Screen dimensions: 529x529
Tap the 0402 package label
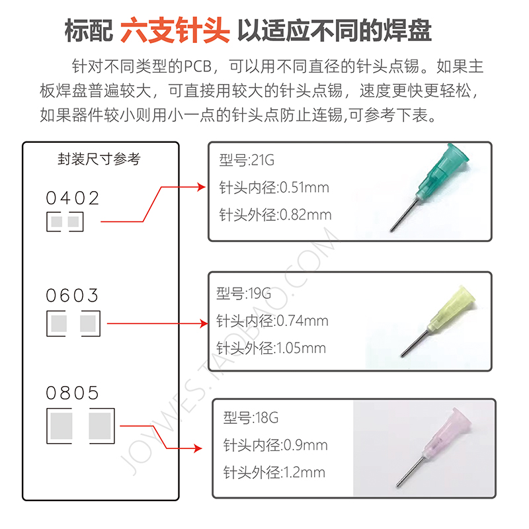(73, 198)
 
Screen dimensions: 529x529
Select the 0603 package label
(73, 295)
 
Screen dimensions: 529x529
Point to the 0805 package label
(73, 393)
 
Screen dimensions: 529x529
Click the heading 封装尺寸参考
(99, 159)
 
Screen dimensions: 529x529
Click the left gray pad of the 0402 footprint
(56, 222)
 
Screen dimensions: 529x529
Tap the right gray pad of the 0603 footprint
(89, 323)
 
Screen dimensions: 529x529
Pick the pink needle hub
(447, 430)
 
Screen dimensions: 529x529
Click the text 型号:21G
(246, 161)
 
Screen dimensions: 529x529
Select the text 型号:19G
(243, 294)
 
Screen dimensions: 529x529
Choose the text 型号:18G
(251, 419)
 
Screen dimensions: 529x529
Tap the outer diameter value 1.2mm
(304, 472)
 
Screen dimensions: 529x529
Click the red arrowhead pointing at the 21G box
(202, 187)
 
